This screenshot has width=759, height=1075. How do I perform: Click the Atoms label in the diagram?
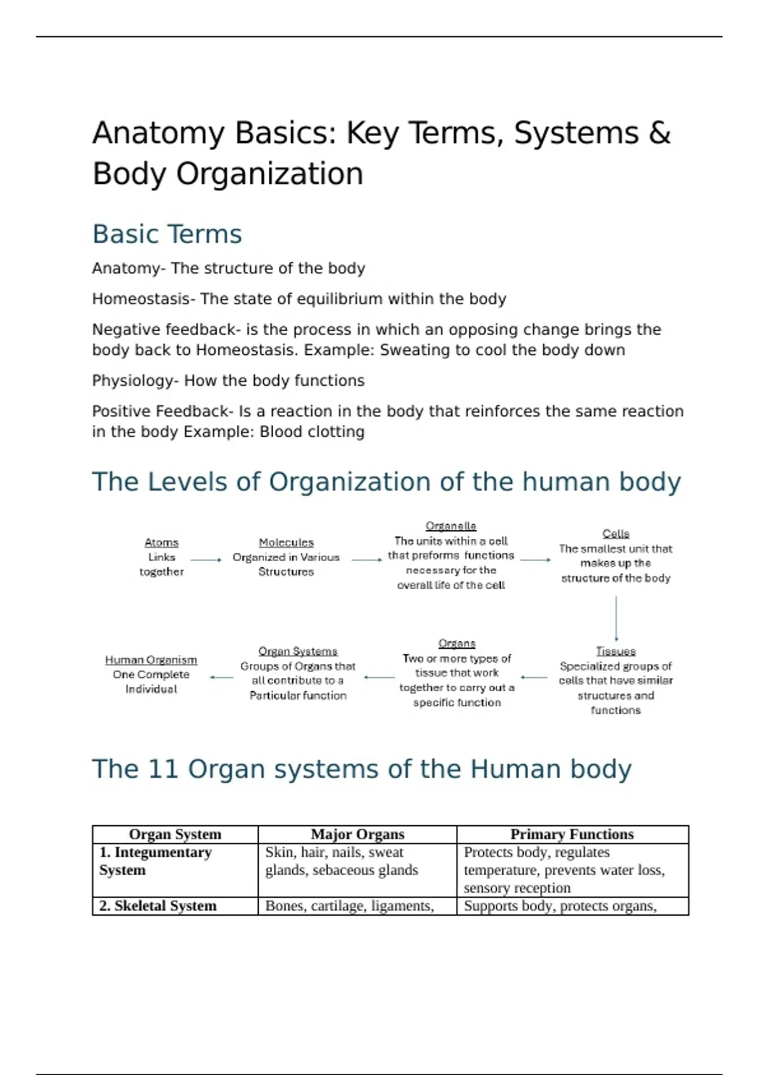tap(161, 543)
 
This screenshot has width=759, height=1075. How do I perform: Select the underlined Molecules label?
tap(286, 543)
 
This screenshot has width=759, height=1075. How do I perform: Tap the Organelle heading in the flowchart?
tap(450, 526)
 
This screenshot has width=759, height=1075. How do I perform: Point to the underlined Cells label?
tap(615, 534)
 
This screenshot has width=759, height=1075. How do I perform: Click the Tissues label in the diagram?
tap(615, 651)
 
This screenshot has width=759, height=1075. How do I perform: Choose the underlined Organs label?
tap(457, 643)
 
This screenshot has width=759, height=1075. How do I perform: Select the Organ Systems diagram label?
tap(298, 651)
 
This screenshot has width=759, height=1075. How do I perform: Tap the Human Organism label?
tap(151, 660)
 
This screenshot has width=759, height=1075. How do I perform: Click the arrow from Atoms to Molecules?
tap(206, 560)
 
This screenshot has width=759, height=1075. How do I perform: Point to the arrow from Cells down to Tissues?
tap(616, 619)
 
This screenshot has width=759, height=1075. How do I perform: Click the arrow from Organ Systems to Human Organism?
tap(221, 677)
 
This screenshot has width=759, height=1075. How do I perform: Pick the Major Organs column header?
tap(357, 834)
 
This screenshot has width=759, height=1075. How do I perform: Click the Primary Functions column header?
tap(572, 834)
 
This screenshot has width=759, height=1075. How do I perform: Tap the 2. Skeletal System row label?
tap(158, 906)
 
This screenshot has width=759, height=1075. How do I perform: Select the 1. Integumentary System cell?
tap(156, 861)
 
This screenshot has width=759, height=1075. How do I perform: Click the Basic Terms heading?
tap(167, 234)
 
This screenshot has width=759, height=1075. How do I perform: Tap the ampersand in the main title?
tap(660, 133)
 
